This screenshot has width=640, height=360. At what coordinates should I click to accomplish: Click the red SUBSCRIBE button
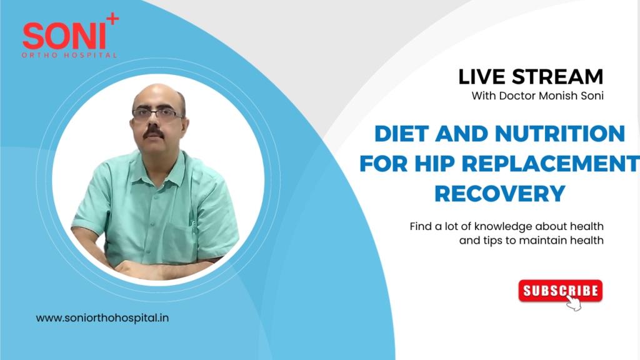[560, 291]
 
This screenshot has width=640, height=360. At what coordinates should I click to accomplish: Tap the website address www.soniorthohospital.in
[102, 317]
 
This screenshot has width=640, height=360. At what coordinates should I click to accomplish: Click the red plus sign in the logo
[112, 20]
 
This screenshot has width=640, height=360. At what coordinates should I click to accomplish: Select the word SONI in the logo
[62, 37]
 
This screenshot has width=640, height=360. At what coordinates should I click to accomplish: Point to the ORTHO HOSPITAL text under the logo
[69, 55]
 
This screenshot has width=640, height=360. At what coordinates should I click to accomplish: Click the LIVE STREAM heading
[531, 77]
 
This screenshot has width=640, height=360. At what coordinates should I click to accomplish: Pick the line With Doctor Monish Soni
[537, 96]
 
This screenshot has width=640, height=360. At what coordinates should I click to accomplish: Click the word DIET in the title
[401, 133]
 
